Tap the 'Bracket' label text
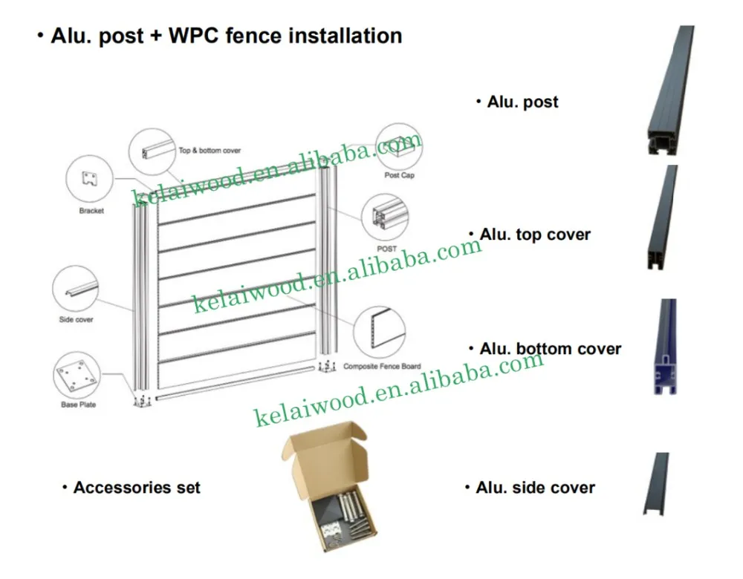(x=91, y=211)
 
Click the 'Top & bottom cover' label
(x=210, y=151)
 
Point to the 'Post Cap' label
(x=400, y=176)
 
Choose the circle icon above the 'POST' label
(x=386, y=216)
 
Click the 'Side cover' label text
(x=76, y=319)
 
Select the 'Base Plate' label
(x=78, y=405)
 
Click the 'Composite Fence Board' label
(x=382, y=367)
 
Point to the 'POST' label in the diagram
(x=387, y=249)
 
